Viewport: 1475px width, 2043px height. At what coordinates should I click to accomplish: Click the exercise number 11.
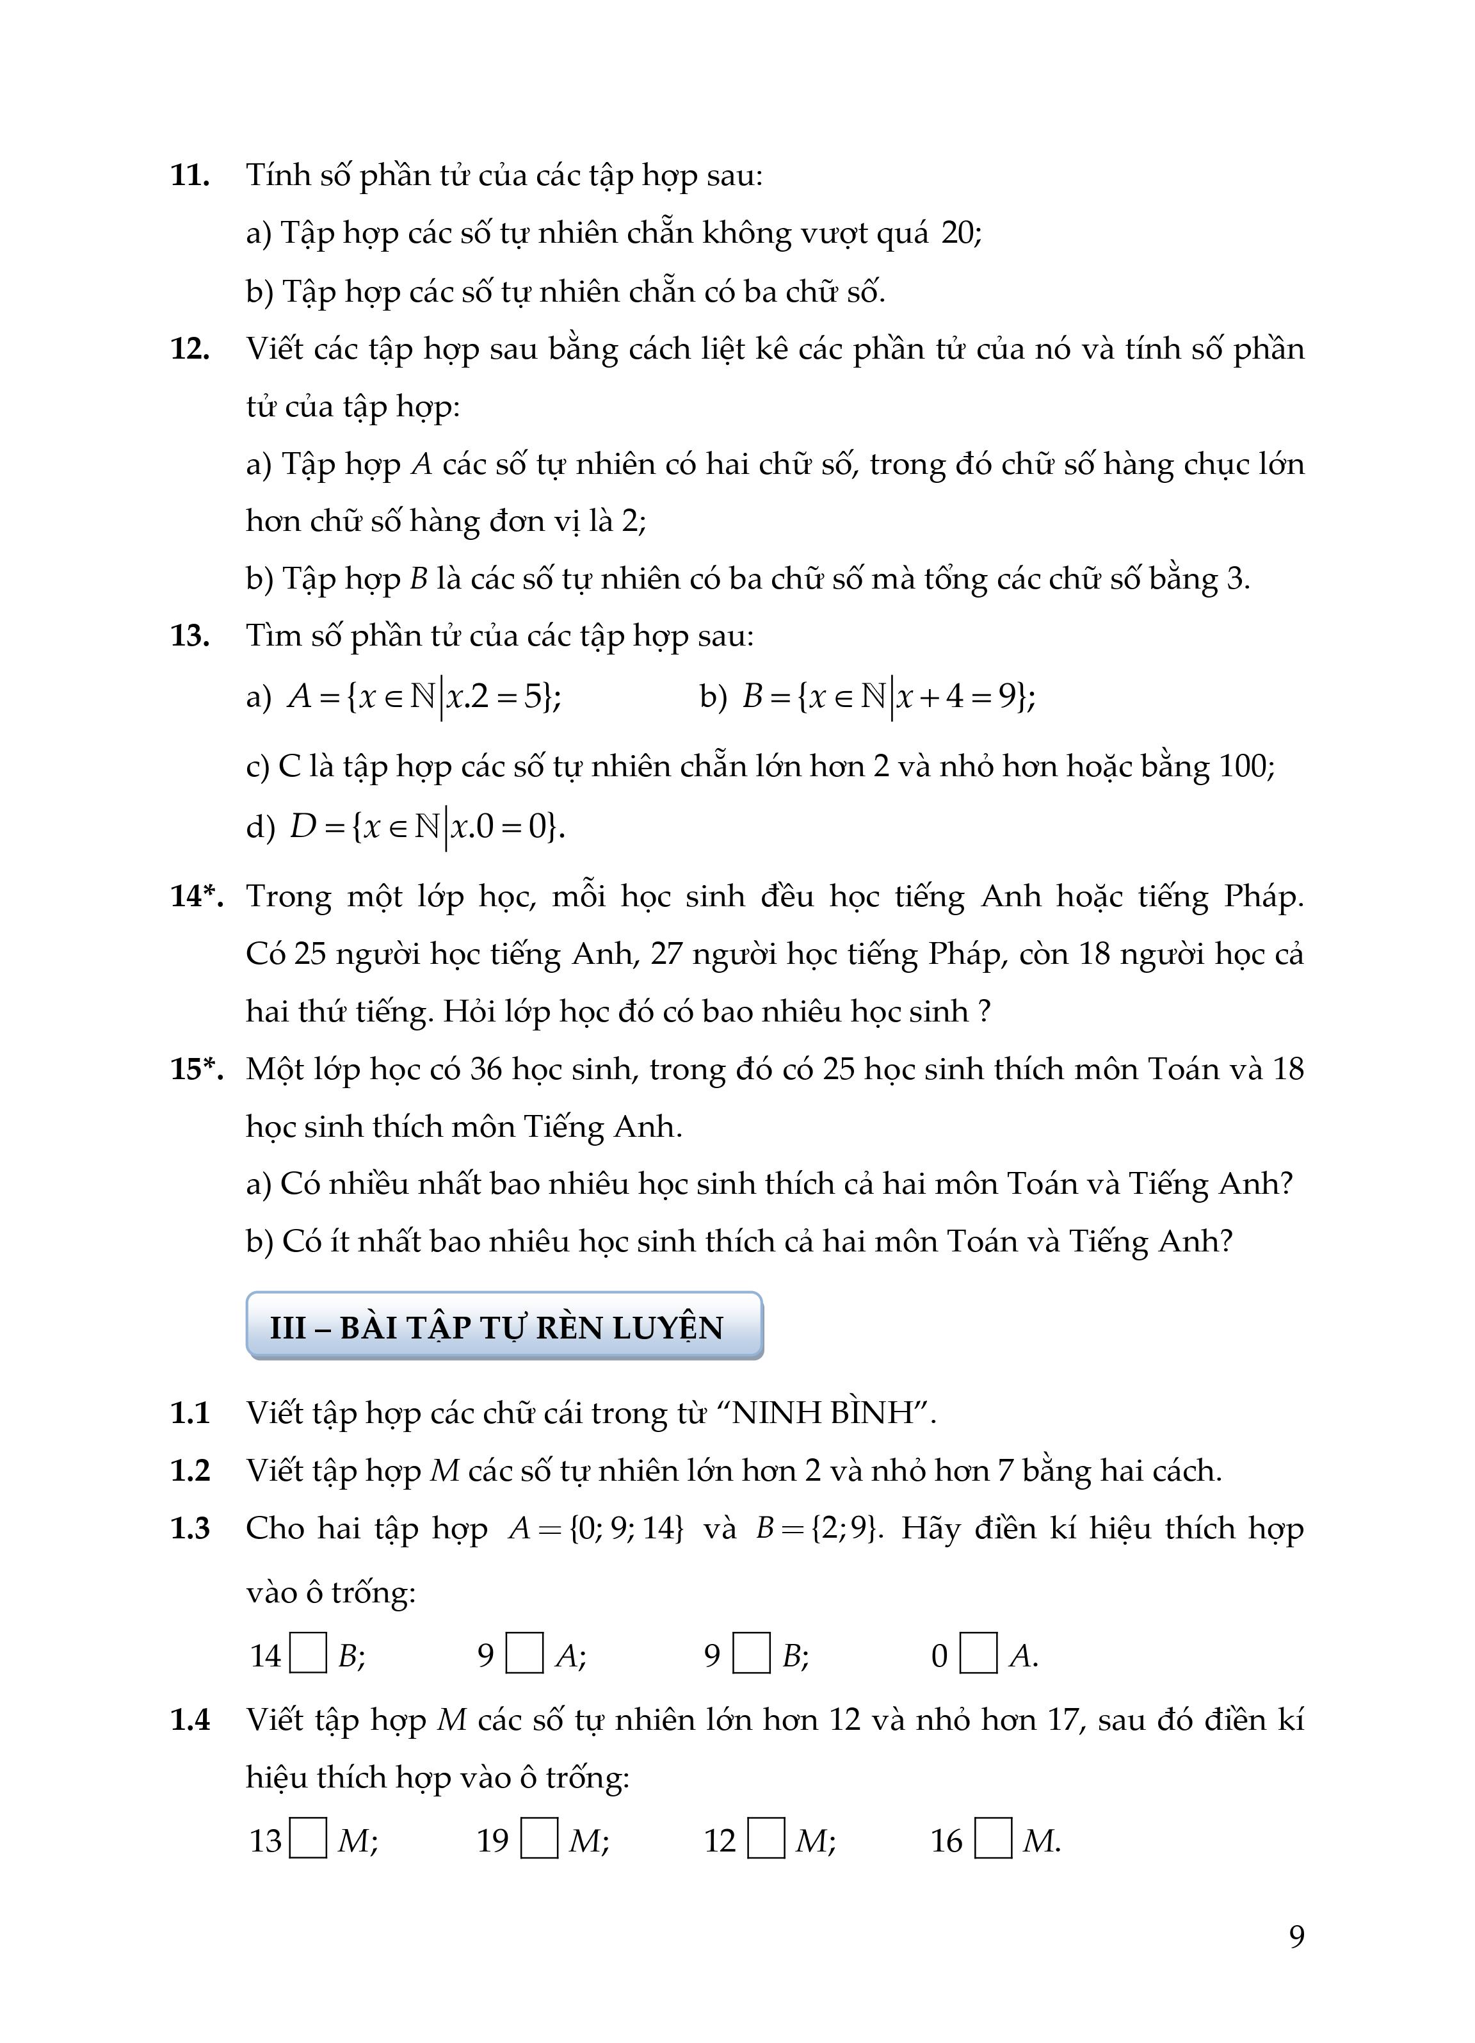(190, 175)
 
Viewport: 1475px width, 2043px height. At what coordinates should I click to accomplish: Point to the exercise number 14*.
(197, 895)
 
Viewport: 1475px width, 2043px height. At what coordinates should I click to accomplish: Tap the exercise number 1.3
(190, 1527)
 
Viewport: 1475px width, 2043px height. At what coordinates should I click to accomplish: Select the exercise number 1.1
(190, 1412)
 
